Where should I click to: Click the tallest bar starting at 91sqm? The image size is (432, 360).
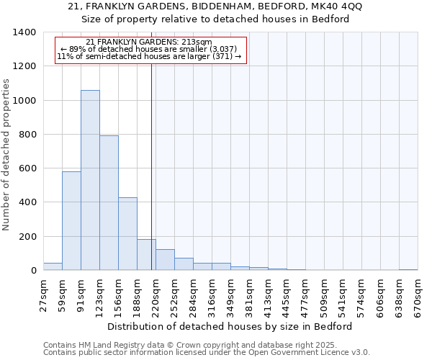coord(90,180)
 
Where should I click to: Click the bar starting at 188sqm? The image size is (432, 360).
coord(146,255)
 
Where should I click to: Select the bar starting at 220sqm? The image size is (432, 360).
coord(165,260)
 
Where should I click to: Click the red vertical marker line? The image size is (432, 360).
coord(151,166)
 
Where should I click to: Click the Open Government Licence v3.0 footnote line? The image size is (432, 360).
coord(207,353)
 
